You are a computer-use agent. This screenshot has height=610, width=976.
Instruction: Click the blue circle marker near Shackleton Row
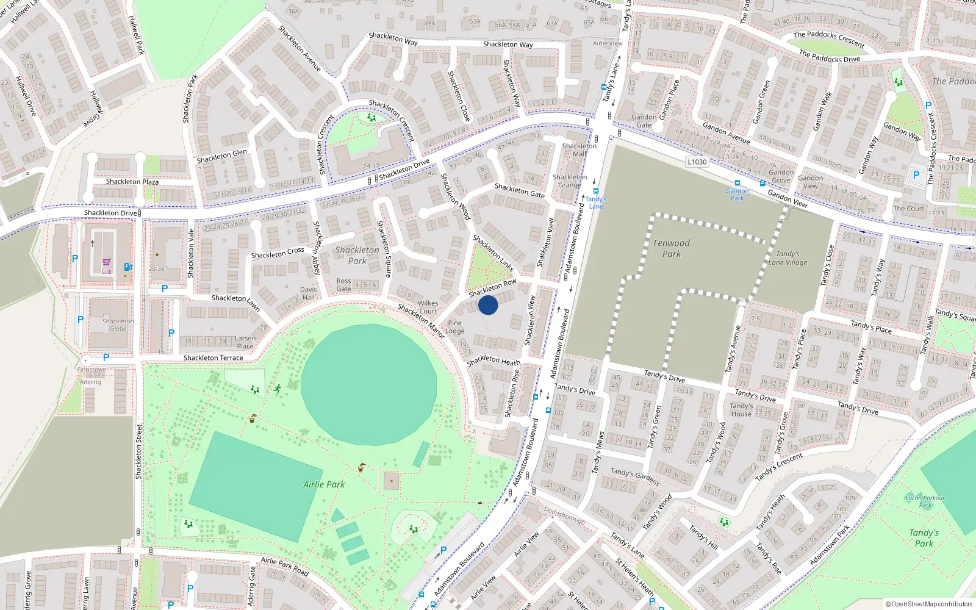click(488, 305)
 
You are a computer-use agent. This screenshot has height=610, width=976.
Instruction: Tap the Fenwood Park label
click(672, 248)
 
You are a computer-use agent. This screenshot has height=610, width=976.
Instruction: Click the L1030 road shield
click(697, 162)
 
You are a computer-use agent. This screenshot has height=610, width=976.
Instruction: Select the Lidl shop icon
click(106, 262)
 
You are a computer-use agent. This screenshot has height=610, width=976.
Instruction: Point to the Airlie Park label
click(324, 484)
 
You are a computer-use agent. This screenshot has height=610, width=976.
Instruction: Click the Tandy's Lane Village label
click(788, 258)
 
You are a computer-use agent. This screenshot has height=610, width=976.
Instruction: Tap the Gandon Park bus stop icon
click(737, 183)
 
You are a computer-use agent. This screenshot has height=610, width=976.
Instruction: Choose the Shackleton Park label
click(357, 256)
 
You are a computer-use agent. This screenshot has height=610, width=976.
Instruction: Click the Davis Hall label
click(309, 293)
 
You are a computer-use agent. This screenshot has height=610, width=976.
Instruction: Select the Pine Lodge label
click(455, 327)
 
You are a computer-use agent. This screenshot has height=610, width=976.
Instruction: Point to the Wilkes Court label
click(428, 307)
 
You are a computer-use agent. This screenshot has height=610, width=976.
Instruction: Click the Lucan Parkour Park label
click(925, 501)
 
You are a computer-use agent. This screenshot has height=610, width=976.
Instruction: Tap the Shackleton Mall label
click(579, 150)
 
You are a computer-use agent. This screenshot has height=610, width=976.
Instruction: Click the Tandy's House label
click(741, 410)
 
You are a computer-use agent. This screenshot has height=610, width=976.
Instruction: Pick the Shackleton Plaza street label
click(132, 182)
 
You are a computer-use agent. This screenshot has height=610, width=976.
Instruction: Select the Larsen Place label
click(245, 342)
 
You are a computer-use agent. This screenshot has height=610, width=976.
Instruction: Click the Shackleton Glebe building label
click(118, 325)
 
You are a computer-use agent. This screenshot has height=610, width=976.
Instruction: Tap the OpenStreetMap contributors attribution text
click(928, 604)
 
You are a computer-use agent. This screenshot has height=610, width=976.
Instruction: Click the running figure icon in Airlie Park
click(278, 389)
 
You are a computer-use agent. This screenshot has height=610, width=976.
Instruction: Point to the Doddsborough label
click(564, 516)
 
